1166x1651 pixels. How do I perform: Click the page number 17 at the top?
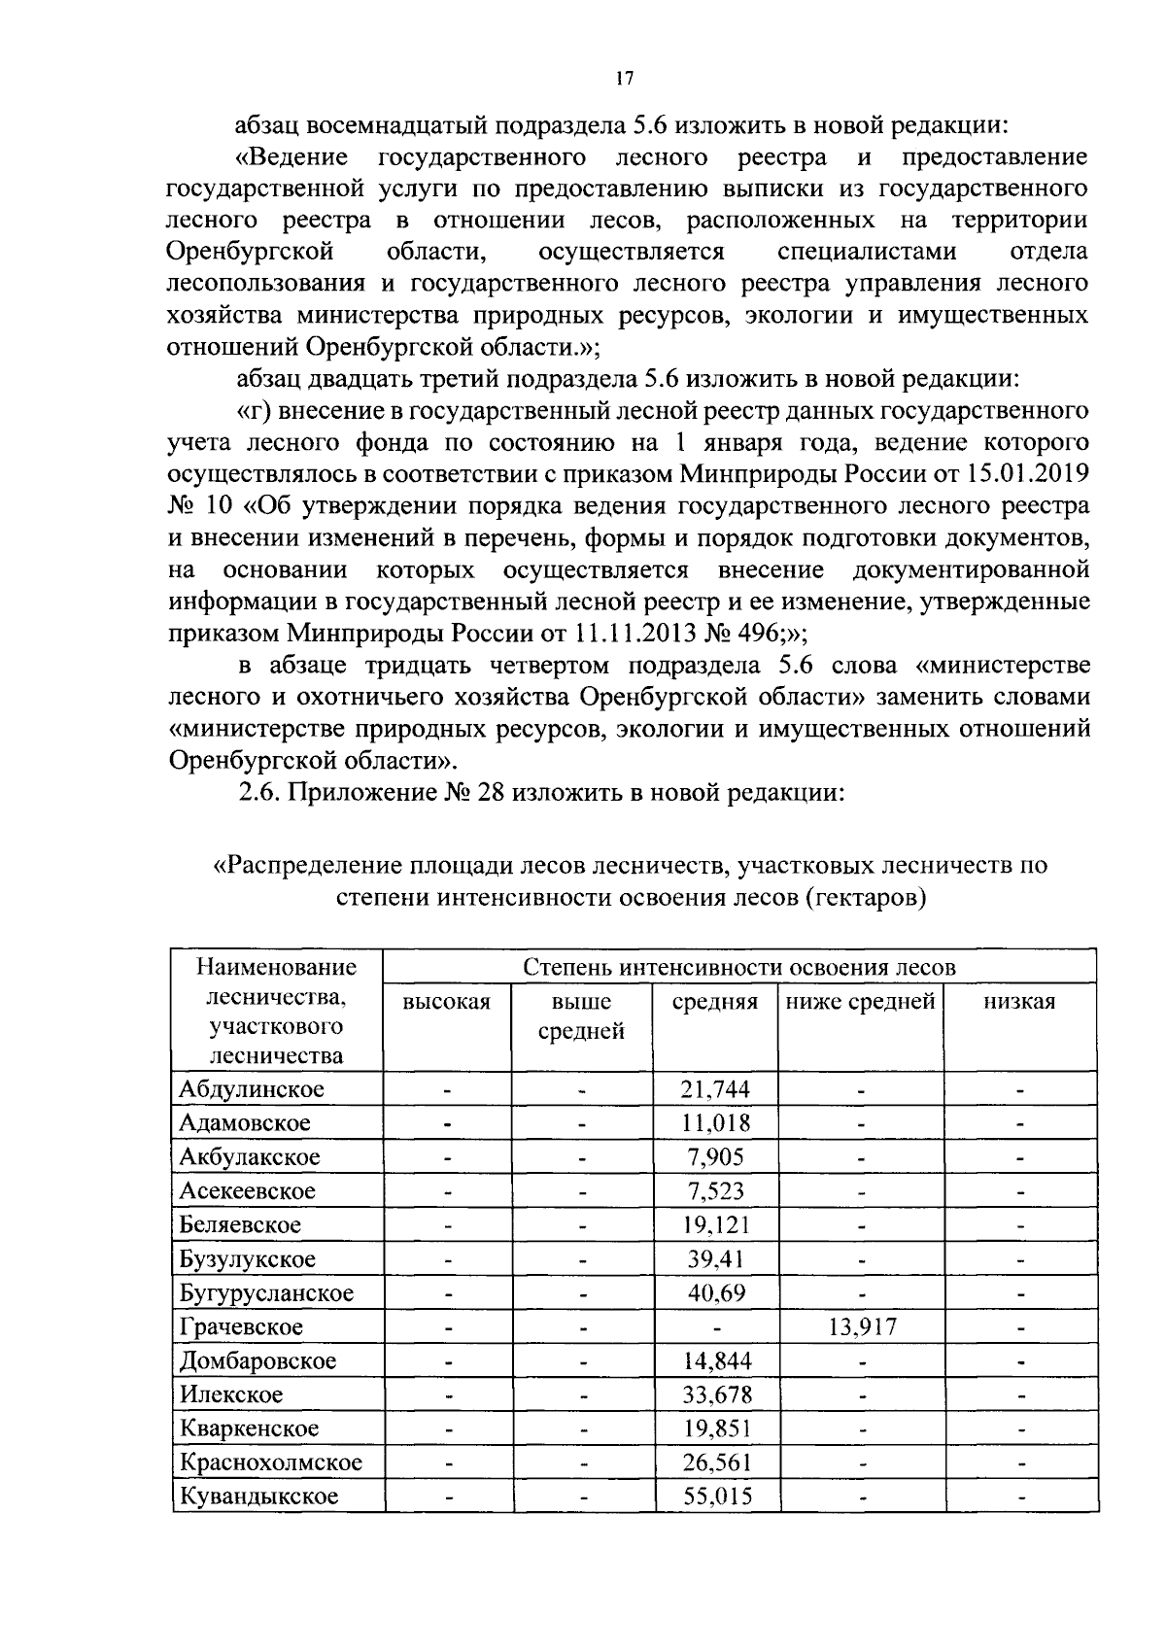[625, 79]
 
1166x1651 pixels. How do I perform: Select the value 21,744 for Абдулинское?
[715, 1089]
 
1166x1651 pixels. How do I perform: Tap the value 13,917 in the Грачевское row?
[862, 1327]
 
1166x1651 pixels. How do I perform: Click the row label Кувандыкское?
[258, 1496]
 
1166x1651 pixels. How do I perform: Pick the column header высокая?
[447, 1002]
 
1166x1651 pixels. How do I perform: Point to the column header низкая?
[1019, 1002]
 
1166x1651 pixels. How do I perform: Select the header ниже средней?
[860, 1002]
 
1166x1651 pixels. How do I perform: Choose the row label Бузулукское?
[248, 1259]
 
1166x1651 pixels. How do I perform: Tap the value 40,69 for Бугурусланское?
[716, 1293]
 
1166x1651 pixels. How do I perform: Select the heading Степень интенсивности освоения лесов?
[738, 968]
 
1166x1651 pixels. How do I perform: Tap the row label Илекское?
[231, 1395]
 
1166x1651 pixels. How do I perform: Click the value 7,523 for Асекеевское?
[715, 1191]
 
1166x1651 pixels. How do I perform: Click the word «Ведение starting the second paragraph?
[292, 157]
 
